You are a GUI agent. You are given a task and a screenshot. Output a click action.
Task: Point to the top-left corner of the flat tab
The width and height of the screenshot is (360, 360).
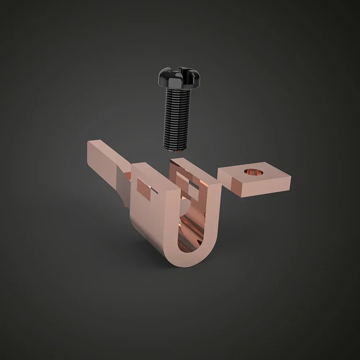[89, 142]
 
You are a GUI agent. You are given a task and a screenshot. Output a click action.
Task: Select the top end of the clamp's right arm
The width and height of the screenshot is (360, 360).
[194, 161]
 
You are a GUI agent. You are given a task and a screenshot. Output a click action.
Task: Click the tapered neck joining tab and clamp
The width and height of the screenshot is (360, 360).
[122, 187]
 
